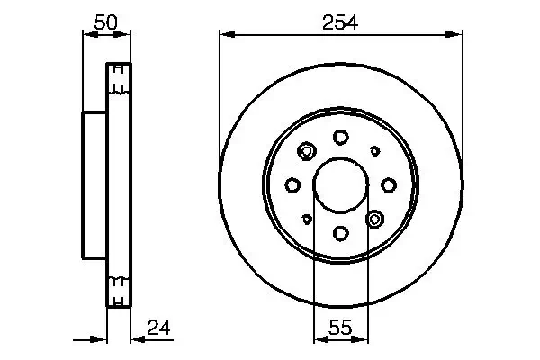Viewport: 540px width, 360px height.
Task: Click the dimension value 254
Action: point(340,24)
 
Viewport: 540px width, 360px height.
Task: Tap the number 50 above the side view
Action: point(106,24)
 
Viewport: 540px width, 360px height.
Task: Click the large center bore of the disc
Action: point(340,185)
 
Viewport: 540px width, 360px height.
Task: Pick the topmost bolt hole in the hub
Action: point(340,137)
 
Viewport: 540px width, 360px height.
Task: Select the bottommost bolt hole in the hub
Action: point(340,234)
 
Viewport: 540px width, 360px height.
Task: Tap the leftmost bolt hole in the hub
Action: point(292,185)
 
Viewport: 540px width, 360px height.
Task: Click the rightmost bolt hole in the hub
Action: point(389,185)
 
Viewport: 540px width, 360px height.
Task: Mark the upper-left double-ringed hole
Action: point(306,151)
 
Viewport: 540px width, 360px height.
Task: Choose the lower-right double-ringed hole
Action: point(375,219)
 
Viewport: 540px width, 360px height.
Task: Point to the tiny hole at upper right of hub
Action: point(375,151)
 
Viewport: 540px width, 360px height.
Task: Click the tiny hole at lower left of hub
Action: point(306,219)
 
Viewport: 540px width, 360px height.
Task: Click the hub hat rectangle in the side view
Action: point(94,186)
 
